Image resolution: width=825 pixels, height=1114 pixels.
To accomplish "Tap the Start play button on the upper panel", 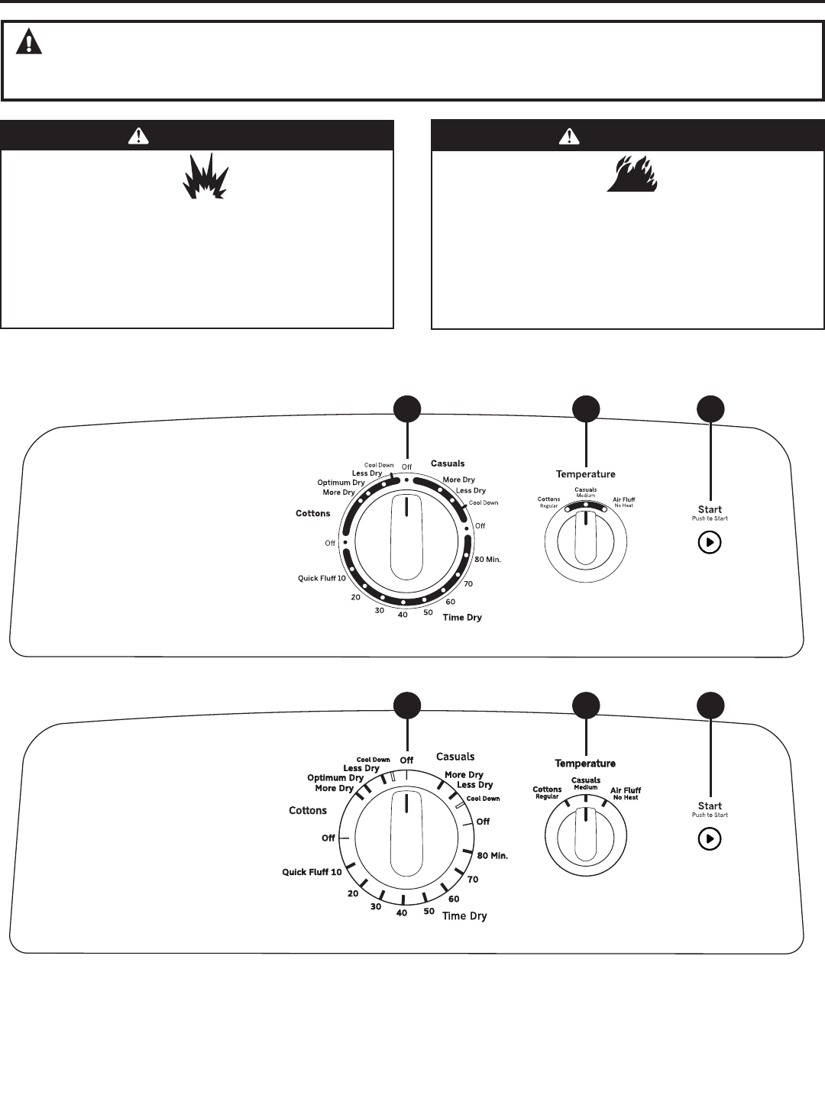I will click(x=710, y=543).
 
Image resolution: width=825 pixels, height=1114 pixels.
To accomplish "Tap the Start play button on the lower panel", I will click(x=710, y=839).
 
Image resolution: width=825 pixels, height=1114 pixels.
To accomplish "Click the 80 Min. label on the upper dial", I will click(x=488, y=560).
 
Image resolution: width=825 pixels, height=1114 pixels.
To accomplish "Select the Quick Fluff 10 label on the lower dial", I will click(x=312, y=872).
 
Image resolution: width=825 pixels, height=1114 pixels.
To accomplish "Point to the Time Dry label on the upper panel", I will click(x=462, y=617).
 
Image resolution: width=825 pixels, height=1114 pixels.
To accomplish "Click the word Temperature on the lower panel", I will click(x=585, y=764).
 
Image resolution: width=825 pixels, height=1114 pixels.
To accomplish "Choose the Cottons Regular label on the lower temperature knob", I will click(x=547, y=793).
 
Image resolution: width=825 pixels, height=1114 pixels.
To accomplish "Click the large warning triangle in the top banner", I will click(x=29, y=41).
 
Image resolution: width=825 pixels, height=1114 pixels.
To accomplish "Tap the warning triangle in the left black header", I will click(x=138, y=136).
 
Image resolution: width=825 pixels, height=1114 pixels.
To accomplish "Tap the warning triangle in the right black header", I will click(x=569, y=136).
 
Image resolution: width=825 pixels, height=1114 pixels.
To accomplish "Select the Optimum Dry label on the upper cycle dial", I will click(x=341, y=483).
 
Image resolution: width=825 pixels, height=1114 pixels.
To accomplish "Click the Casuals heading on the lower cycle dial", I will click(x=455, y=757).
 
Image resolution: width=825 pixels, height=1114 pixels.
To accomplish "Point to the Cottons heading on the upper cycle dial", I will click(x=313, y=513).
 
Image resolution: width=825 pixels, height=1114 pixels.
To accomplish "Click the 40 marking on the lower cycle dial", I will click(x=402, y=912).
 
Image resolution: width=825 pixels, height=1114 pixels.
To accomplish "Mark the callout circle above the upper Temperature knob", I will click(x=586, y=409).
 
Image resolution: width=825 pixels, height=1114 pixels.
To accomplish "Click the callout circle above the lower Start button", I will click(x=710, y=705).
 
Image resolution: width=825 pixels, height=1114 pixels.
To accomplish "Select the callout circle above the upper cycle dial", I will click(x=407, y=409).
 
